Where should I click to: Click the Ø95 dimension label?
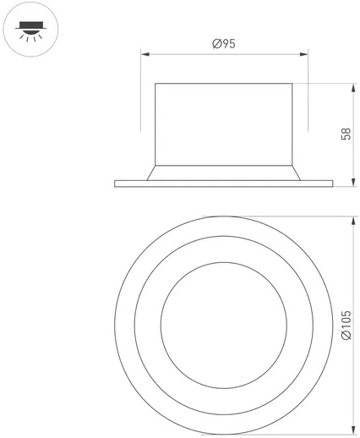click(x=224, y=44)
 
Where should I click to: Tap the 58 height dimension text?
click(x=346, y=134)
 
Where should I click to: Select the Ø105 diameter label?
click(x=346, y=325)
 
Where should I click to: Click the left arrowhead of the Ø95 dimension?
click(x=145, y=54)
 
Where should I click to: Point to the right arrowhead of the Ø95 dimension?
click(x=304, y=54)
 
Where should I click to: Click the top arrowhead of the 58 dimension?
click(x=353, y=88)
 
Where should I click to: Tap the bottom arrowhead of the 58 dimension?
click(x=353, y=183)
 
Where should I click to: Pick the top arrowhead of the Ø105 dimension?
click(x=353, y=221)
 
